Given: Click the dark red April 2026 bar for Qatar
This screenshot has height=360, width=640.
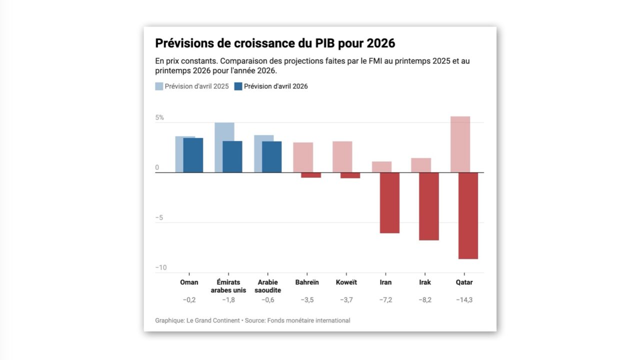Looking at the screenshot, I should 468,215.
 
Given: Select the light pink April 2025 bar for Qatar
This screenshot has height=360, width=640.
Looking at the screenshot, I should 460,144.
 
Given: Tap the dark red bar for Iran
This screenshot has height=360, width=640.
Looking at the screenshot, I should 389,202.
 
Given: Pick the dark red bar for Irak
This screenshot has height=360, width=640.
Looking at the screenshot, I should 429,206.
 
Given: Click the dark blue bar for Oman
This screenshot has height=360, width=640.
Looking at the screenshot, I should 193,155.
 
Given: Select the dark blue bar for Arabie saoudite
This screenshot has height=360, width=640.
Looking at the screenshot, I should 272,156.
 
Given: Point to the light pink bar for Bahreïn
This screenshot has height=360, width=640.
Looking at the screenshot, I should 303,157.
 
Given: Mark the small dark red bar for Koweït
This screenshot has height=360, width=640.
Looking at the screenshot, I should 350,175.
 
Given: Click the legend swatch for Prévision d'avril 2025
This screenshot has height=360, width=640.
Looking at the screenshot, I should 159,86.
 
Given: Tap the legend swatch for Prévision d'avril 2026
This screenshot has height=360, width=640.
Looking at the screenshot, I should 238,86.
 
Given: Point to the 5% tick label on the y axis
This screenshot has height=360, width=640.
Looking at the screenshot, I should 159,118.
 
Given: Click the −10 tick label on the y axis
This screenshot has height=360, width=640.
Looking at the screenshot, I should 160,268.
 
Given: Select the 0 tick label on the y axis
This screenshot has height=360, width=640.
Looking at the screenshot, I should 157,168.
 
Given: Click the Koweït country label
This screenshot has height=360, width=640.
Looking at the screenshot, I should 346,282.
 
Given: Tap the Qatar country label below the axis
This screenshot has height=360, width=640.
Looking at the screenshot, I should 464,282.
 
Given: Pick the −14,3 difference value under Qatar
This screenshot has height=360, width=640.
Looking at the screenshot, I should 464,300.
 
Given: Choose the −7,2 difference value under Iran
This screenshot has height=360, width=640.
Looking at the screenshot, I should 385,300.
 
